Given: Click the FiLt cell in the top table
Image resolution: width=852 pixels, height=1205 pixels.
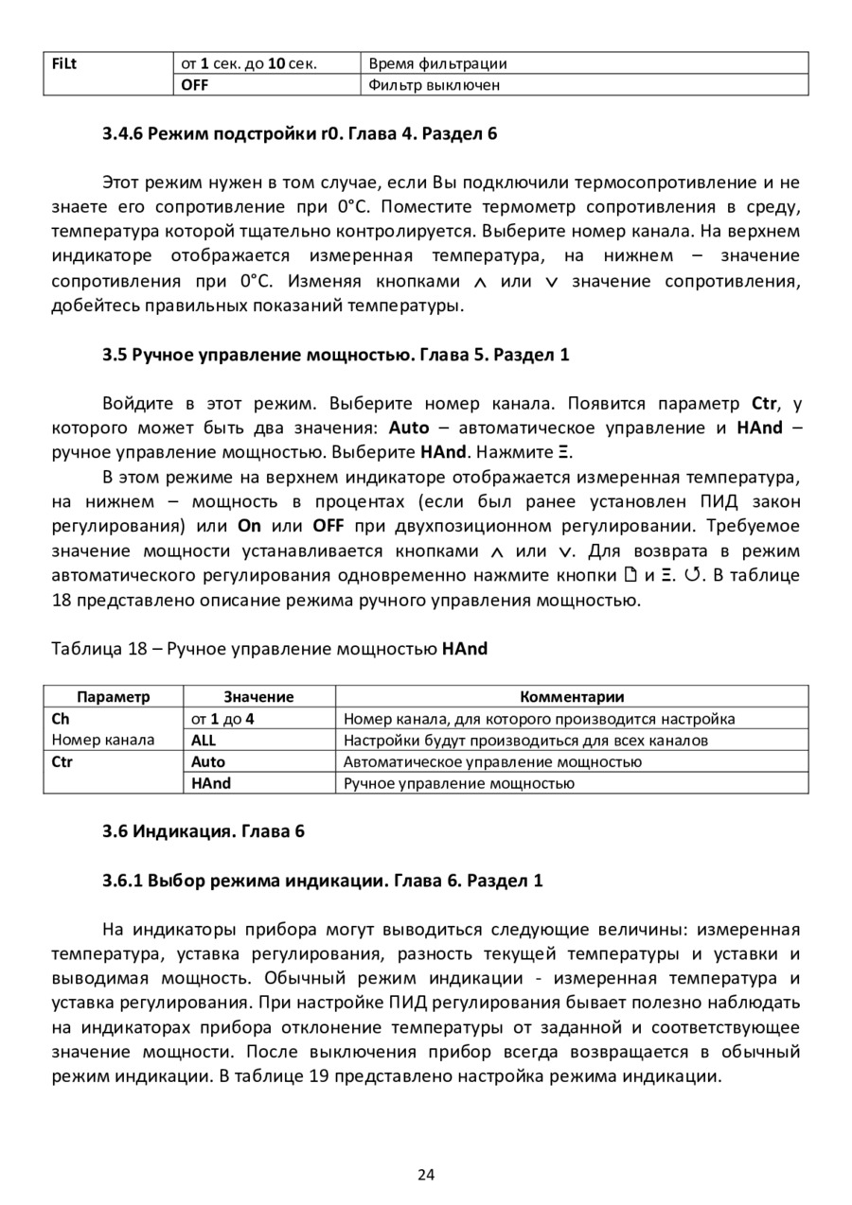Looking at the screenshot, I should tap(64, 63).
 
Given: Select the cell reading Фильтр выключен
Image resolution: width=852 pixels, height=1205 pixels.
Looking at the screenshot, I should tap(434, 85).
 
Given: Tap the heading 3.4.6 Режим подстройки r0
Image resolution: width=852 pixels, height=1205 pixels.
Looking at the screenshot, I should tap(299, 133).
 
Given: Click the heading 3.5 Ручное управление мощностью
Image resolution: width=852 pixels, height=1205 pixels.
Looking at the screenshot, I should tap(336, 355).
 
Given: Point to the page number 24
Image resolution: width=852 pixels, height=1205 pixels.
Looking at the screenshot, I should tap(426, 1175).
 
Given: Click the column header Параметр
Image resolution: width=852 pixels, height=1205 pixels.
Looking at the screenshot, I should tap(113, 697).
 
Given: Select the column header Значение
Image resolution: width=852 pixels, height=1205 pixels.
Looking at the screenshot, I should tap(258, 697).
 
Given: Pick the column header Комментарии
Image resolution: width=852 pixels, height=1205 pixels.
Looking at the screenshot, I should tap(572, 697).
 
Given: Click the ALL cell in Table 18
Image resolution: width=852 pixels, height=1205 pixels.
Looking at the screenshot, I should tap(204, 741).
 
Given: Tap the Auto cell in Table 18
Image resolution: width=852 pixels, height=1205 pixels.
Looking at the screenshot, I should tap(208, 761).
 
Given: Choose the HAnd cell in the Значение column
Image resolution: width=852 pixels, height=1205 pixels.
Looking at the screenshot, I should tap(210, 783).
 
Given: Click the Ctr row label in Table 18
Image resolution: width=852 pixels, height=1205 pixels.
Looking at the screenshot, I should tap(62, 761).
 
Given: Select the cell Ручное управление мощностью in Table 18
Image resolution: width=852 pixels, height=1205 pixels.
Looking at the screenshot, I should tap(458, 783).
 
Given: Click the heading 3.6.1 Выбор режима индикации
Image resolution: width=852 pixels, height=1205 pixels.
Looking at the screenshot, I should tap(323, 881).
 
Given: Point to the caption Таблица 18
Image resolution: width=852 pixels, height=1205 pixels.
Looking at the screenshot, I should tap(268, 649).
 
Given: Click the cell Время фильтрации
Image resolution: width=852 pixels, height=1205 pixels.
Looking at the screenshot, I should tap(437, 63).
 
